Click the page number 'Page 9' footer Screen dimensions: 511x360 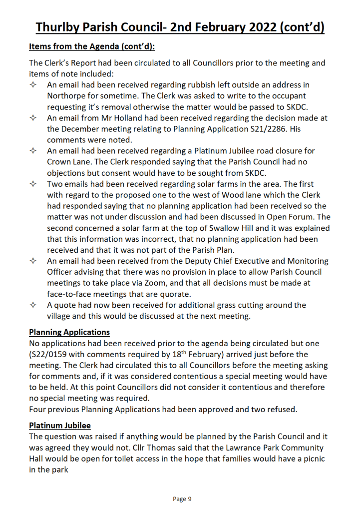click(182, 499)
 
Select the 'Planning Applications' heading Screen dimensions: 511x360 click(69, 332)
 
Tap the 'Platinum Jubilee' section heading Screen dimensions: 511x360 click(60, 425)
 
